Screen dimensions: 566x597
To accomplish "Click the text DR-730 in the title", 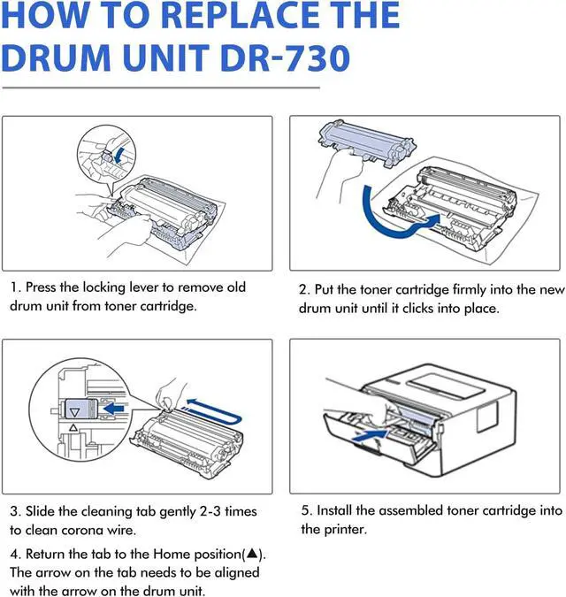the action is [285, 58].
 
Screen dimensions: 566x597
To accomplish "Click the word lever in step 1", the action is [143, 287].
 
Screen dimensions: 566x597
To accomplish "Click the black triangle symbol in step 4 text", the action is [252, 554].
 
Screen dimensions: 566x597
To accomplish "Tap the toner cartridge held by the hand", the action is [366, 142].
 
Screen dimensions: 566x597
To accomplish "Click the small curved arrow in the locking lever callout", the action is [119, 155].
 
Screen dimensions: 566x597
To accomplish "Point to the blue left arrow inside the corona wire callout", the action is [114, 409].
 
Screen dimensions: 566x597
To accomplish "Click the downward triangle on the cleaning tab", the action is [75, 412].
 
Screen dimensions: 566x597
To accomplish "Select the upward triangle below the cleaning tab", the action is [73, 427].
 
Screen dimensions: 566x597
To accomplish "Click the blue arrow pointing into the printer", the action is [370, 435].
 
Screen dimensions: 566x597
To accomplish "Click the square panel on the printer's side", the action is [487, 415].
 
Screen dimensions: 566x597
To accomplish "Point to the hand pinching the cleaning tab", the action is [171, 394].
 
